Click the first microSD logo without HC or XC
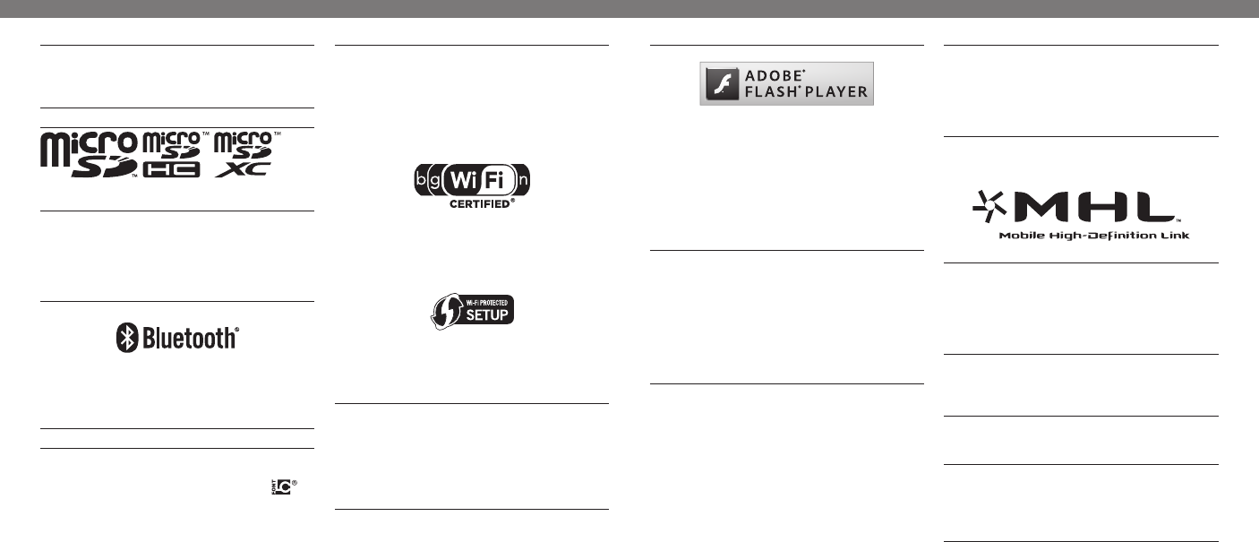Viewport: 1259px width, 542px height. tap(89, 154)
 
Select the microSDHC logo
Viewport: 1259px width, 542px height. tap(174, 154)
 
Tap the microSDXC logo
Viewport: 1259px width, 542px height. tap(245, 154)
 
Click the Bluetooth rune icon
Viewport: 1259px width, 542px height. tap(125, 338)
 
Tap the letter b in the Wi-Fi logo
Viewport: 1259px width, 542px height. tap(421, 180)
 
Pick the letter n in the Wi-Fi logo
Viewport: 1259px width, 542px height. tap(524, 180)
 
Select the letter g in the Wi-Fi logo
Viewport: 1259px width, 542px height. tap(436, 180)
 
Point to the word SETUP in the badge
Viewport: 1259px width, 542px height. tap(484, 314)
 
